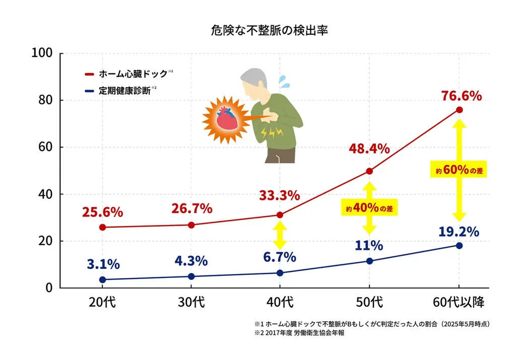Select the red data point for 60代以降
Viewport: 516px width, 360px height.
click(x=459, y=110)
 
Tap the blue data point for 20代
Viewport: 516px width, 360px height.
click(x=102, y=279)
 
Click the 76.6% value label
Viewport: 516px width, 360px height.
click(x=461, y=95)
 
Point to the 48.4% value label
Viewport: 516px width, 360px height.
click(x=369, y=149)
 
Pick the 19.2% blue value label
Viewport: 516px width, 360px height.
click(x=458, y=232)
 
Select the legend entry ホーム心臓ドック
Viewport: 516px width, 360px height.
click(x=132, y=74)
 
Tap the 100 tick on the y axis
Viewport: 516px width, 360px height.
click(x=42, y=53)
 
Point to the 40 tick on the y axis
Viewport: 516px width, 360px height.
click(x=46, y=194)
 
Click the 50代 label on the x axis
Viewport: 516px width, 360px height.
click(x=369, y=303)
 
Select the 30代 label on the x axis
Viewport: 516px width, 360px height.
click(x=191, y=303)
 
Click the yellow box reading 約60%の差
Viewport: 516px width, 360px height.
click(x=459, y=170)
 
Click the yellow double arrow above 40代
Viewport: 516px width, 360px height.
click(x=280, y=234)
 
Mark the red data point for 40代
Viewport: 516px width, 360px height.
click(x=280, y=215)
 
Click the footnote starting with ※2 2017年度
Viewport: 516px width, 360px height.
click(x=299, y=333)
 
